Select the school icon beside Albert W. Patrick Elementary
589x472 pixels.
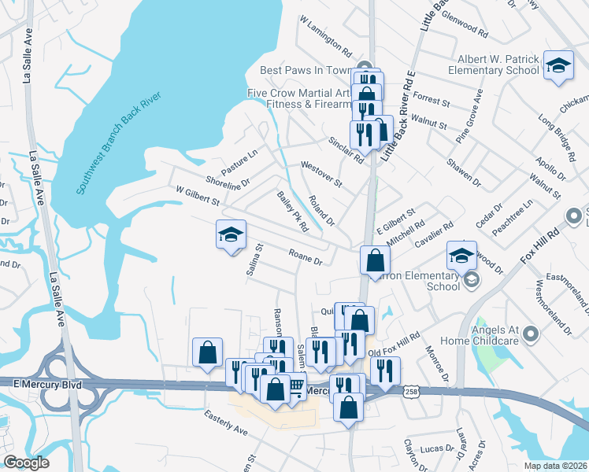pos(558,66)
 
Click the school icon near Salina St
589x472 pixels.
pos(232,235)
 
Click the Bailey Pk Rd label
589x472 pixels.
pos(292,212)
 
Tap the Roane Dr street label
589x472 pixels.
pos(306,256)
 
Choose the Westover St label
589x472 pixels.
pos(321,174)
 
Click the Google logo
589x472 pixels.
pos(26,463)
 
